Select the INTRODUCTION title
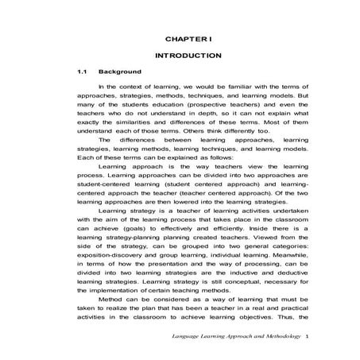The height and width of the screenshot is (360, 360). [x=187, y=56]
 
